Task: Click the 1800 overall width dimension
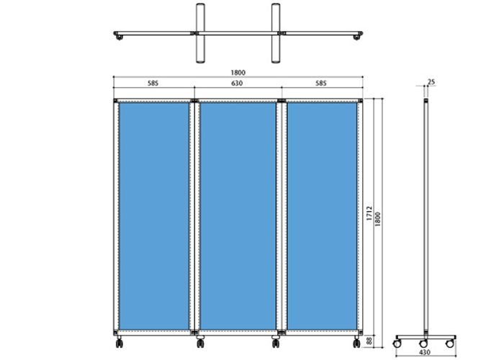[x=238, y=73]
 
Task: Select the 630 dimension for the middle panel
[x=237, y=84]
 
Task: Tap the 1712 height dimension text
[x=369, y=213]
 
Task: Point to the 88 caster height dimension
[x=369, y=341]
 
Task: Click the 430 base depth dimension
[x=425, y=353]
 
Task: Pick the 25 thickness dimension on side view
[x=432, y=82]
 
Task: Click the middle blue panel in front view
[x=238, y=216]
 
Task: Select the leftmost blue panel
[x=154, y=216]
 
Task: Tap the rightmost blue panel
[x=322, y=216]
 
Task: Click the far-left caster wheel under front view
[x=120, y=343]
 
